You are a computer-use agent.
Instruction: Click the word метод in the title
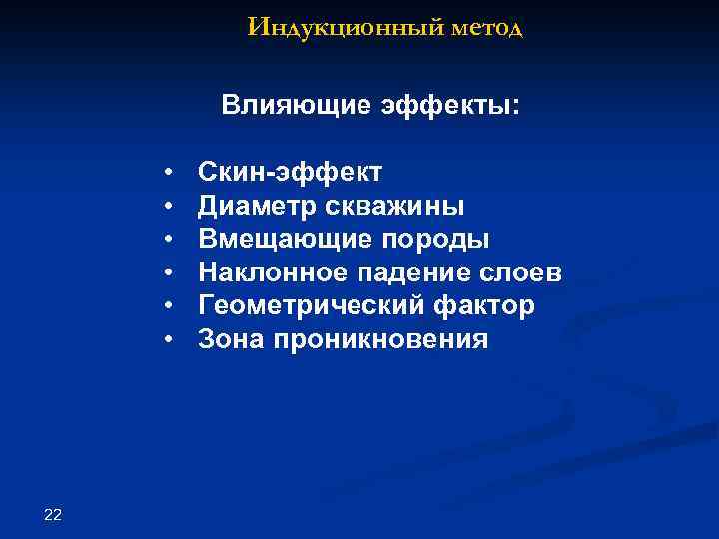click(x=486, y=27)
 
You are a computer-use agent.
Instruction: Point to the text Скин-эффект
click(x=290, y=172)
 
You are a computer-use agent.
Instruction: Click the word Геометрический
click(x=298, y=306)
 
